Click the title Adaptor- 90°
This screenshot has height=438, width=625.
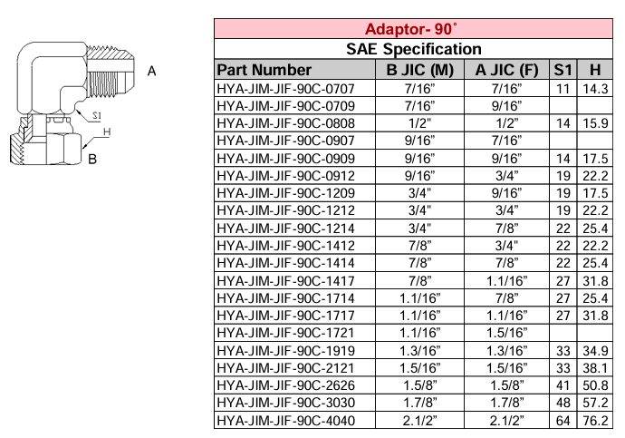[414, 28]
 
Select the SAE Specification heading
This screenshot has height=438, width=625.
[414, 49]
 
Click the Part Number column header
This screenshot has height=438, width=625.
[264, 70]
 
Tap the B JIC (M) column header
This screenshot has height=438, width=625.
[420, 70]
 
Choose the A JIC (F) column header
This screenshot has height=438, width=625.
[506, 70]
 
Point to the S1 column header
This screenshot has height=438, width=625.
[563, 70]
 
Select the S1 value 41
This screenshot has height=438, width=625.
[563, 385]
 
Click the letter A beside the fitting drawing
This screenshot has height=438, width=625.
[152, 70]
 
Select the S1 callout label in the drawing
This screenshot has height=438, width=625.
[95, 116]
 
